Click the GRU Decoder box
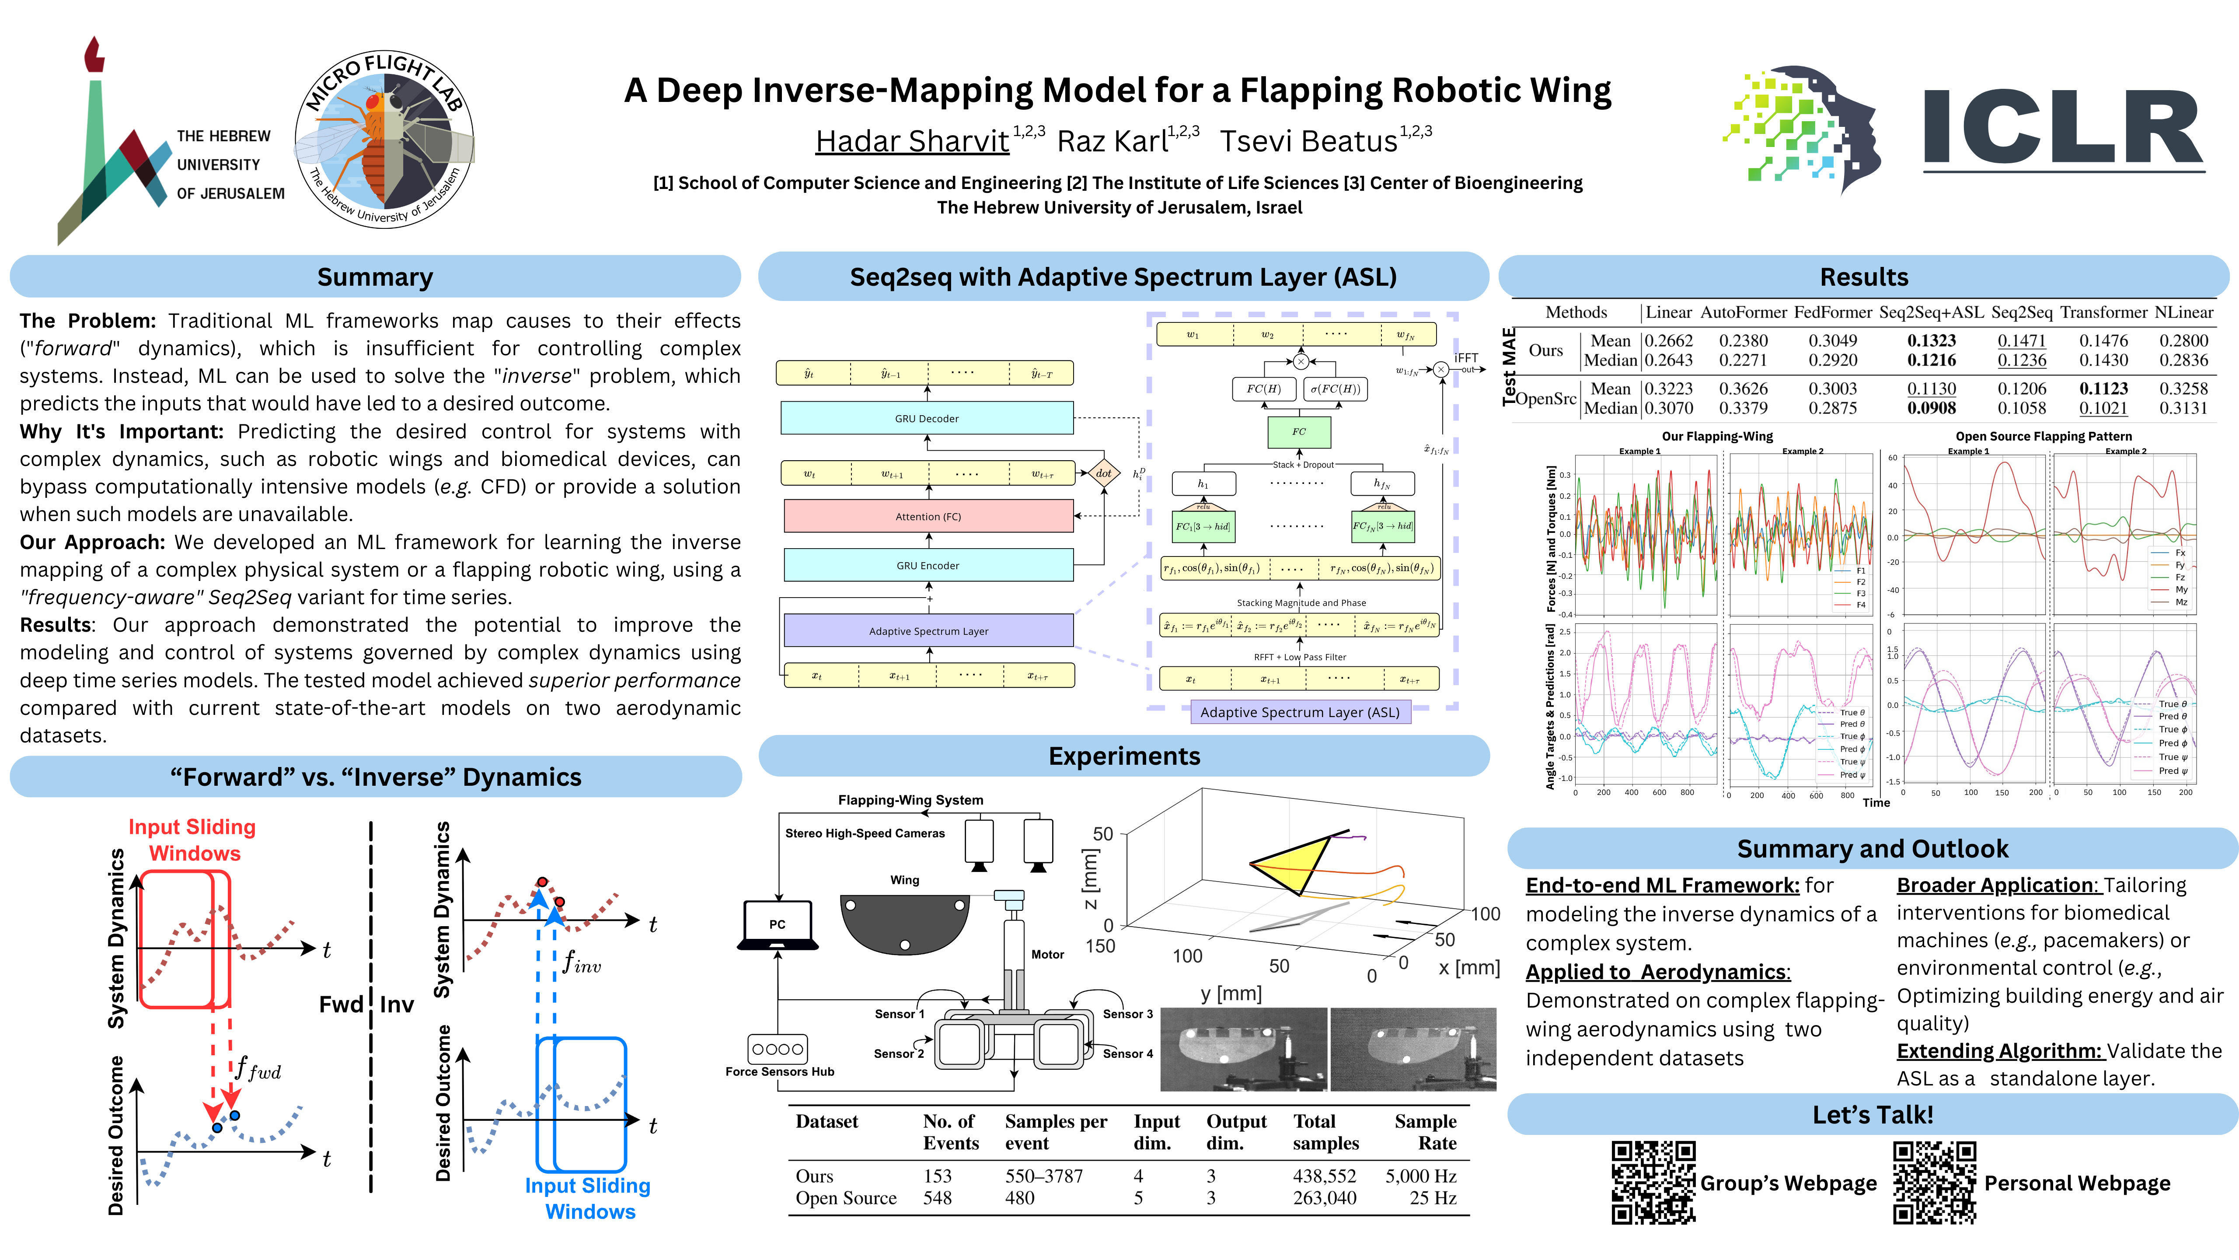tap(927, 418)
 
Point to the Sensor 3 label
tap(1127, 1014)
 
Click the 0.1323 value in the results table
tap(1931, 341)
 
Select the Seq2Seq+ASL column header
tap(1931, 312)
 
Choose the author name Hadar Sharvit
tap(912, 141)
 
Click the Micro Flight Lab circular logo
tap(384, 139)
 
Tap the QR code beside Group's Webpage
tap(1653, 1183)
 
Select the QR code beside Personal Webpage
tap(1935, 1183)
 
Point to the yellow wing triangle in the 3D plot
tap(1293, 864)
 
